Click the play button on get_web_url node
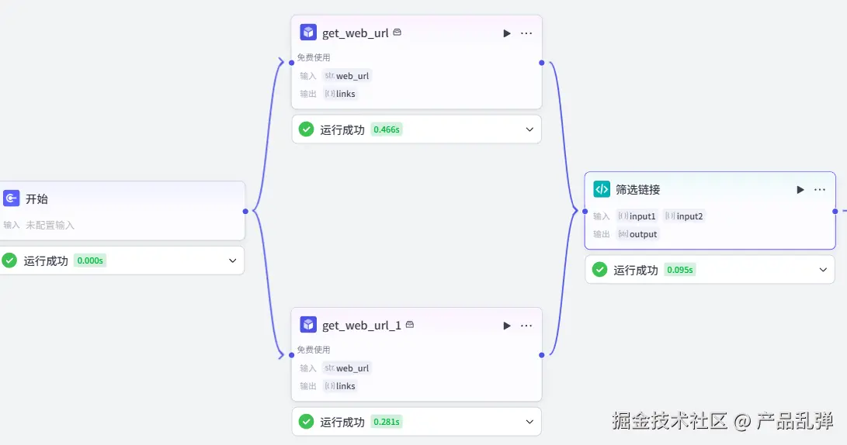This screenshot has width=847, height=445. [507, 33]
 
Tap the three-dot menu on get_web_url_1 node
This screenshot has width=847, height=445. [526, 326]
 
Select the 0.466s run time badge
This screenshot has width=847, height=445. [387, 129]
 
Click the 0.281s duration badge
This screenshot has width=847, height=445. [387, 422]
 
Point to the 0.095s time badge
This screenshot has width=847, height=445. [680, 270]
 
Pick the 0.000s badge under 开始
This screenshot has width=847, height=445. [90, 260]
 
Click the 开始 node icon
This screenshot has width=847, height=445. [12, 198]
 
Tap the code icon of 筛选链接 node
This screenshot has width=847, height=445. [602, 189]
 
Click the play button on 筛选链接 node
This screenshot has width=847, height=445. [800, 189]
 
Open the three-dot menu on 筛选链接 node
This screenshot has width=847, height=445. [820, 189]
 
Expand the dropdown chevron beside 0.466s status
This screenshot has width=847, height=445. [529, 129]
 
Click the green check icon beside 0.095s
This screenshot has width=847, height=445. [600, 270]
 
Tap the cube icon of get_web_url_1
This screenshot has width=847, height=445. [308, 325]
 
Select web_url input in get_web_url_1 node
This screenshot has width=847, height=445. [352, 368]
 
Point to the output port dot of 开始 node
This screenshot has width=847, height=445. [245, 211]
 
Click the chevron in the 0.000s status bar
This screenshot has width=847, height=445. [232, 260]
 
